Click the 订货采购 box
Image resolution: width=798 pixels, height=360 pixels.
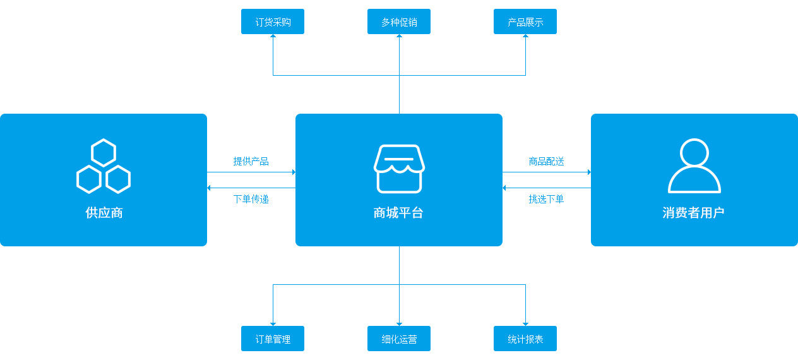[x=273, y=21]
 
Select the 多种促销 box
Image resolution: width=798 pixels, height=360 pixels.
[x=399, y=21]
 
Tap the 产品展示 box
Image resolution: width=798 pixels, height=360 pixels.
[x=525, y=21]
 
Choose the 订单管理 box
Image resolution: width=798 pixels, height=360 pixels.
[x=273, y=339]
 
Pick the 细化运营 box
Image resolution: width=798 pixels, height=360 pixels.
[x=399, y=339]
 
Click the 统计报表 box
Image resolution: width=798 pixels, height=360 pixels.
[x=525, y=339]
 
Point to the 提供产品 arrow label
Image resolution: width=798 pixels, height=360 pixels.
[x=251, y=162]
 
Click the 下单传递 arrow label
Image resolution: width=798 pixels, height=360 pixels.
[x=251, y=199]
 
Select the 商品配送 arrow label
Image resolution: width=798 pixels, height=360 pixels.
[x=546, y=162]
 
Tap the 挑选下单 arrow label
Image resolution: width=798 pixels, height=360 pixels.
[x=546, y=199]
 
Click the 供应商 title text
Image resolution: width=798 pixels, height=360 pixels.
[x=104, y=213]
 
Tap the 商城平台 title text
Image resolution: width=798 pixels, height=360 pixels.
[x=398, y=213]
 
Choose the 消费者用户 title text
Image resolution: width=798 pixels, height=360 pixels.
[x=693, y=213]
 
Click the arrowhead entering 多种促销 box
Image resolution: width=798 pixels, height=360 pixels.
[x=400, y=36]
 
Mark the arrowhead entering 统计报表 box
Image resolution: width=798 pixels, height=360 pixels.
[x=525, y=324]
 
